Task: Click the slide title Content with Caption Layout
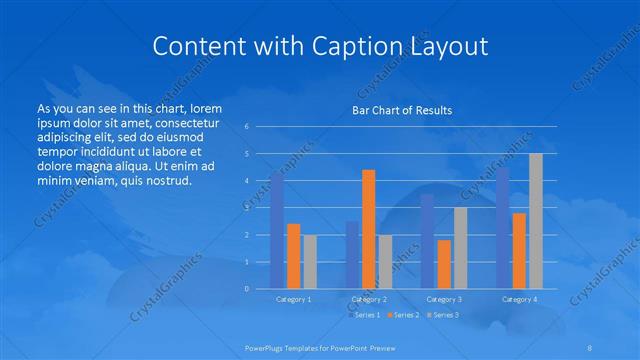coord(320,46)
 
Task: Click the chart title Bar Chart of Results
coord(402,110)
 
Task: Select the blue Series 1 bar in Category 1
coord(277,230)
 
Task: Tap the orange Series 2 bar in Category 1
coord(293,256)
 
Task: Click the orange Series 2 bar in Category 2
coord(369,229)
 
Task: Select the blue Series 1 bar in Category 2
coord(352,255)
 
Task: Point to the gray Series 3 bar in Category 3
coord(460,248)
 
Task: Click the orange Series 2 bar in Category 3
coord(444,264)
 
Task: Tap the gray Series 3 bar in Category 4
coord(536,221)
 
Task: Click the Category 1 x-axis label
coord(293,299)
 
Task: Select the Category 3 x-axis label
coord(444,299)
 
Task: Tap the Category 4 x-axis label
coord(519,299)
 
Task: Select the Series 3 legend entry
coord(443,315)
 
